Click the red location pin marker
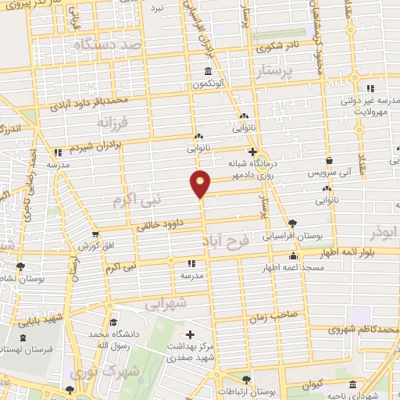201,183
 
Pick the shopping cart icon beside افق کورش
95,234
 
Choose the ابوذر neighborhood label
381,232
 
